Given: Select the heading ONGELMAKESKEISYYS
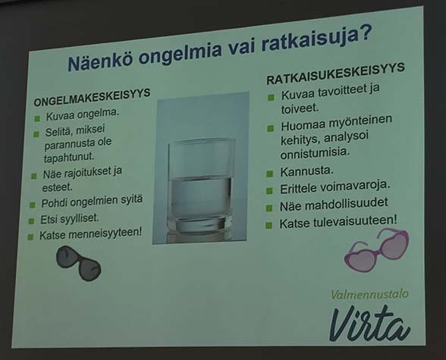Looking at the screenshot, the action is [92, 97].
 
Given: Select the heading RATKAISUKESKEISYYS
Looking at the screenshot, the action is [335, 74].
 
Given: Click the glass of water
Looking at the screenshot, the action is [201, 185].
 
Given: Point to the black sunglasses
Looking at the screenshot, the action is [79, 263].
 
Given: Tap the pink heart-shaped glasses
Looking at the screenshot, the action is [376, 250].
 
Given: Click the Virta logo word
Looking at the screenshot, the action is [370, 324].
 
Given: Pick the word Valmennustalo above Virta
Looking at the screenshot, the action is [369, 294].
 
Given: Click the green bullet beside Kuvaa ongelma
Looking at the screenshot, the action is [37, 118].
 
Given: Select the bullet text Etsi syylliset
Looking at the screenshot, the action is [70, 219].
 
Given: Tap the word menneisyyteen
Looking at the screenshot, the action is [105, 233].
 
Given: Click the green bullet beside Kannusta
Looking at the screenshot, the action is [270, 174].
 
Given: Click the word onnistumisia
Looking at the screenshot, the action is [315, 153].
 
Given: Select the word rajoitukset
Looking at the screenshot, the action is [85, 172].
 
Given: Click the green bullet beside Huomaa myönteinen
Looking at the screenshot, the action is [270, 128].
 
